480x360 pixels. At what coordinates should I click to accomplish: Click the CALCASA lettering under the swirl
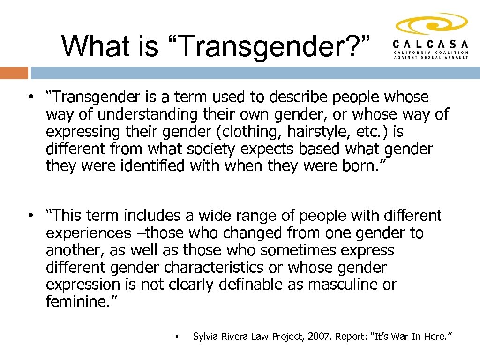coord(431,44)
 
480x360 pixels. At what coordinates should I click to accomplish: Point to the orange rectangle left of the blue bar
coord(14,73)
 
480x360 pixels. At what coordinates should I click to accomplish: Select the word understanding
coord(134,114)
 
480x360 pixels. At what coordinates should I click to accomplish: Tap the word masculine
coord(344,285)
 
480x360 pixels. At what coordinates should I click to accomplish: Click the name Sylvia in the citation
coord(206,336)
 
